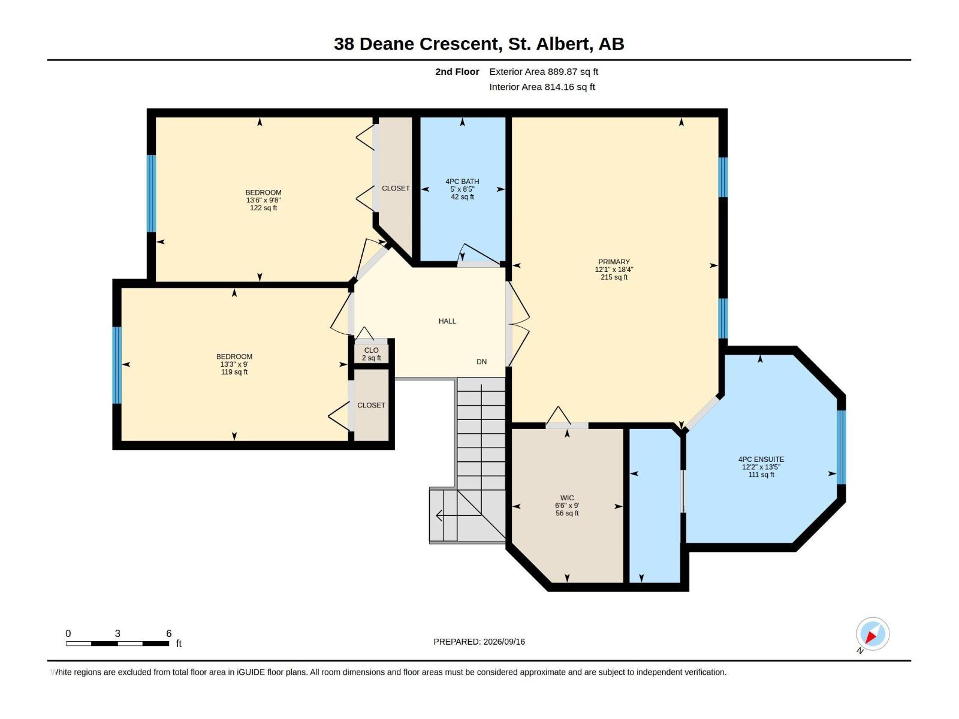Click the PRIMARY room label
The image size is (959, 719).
click(613, 262)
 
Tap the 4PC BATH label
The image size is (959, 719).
click(462, 182)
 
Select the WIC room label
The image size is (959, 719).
click(566, 498)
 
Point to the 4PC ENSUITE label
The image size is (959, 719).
click(761, 460)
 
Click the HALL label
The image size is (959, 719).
click(447, 321)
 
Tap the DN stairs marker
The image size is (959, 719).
click(481, 362)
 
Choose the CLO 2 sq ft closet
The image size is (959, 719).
click(371, 354)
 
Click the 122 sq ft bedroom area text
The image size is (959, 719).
click(263, 208)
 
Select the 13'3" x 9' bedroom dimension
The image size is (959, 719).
click(234, 364)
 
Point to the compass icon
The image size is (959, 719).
click(872, 634)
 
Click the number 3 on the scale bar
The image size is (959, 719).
click(117, 633)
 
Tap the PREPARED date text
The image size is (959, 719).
click(479, 642)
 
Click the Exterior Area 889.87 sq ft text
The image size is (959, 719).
click(544, 71)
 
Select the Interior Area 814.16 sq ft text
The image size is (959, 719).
click(542, 87)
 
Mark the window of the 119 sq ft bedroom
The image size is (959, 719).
click(117, 365)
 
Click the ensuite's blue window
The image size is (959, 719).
click(841, 448)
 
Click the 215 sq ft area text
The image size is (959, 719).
click(613, 277)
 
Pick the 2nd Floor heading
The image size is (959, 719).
click(457, 71)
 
